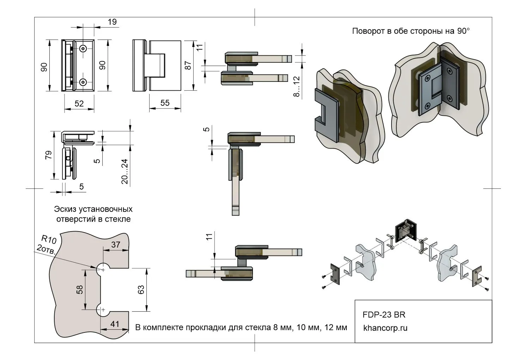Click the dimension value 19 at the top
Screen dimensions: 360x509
(112, 22)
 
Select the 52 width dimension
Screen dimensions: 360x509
(79, 103)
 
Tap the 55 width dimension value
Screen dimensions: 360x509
(165, 103)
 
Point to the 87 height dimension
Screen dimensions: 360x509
(188, 65)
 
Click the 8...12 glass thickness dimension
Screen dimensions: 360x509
(296, 86)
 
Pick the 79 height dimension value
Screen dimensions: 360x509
(48, 155)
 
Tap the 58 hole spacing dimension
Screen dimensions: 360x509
(80, 289)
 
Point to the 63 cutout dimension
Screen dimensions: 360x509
(141, 289)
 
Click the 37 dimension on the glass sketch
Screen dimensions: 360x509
(116, 244)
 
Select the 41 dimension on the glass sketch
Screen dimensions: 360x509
(115, 324)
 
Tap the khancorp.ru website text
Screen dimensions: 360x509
(385, 328)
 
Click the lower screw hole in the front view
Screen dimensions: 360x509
(83, 82)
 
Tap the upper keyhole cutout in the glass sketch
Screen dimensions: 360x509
(102, 269)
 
